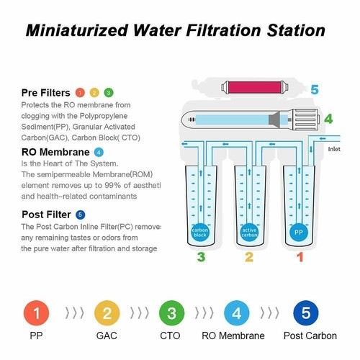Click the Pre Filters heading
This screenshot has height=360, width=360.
click(45, 93)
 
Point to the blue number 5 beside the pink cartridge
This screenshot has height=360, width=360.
click(314, 90)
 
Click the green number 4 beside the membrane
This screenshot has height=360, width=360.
click(328, 118)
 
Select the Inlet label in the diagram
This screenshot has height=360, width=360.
click(334, 150)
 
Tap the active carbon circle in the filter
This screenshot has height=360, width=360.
click(248, 233)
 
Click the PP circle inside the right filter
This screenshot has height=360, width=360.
click(297, 233)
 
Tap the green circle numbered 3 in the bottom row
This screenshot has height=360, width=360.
click(171, 313)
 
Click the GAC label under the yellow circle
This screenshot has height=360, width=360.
click(107, 336)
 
